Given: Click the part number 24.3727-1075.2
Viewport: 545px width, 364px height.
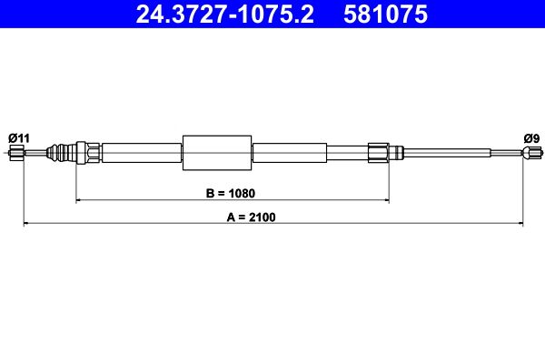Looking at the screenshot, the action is click(x=224, y=14).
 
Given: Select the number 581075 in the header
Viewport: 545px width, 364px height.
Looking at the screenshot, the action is click(x=385, y=14).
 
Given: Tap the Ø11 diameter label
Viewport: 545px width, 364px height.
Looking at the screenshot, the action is click(x=19, y=138).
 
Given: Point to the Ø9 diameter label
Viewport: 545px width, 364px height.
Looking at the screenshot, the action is click(x=531, y=138).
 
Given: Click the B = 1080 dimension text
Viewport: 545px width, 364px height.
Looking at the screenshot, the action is click(x=231, y=193).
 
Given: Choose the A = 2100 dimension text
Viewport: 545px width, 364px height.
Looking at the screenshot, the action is click(x=251, y=217).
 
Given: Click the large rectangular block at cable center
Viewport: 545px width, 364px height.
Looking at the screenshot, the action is click(x=217, y=153).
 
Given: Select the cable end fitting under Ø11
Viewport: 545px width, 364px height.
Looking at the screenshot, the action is click(x=16, y=153).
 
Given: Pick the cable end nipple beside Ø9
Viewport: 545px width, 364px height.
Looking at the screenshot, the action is click(x=531, y=153).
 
